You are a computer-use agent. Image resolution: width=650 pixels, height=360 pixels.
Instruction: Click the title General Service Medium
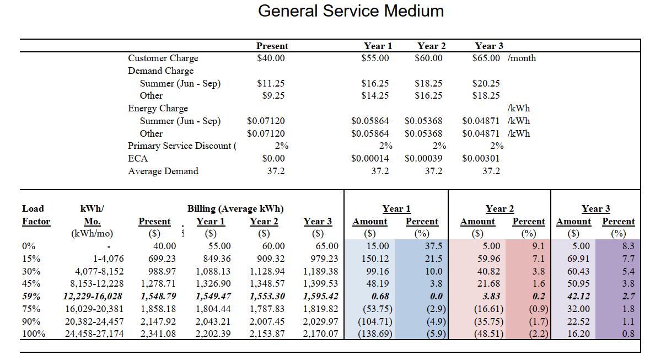pyautogui.click(x=351, y=10)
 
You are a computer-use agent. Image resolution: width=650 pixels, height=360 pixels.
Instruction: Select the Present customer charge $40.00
pyautogui.click(x=271, y=58)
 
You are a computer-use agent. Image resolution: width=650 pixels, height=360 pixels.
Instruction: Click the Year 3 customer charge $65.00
pyautogui.click(x=486, y=58)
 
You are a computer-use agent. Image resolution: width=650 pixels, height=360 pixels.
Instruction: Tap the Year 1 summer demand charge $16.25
pyautogui.click(x=375, y=83)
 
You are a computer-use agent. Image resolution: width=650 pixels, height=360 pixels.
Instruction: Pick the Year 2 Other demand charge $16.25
pyautogui.click(x=428, y=95)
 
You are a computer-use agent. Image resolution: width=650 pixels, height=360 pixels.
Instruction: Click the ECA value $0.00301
pyautogui.click(x=481, y=158)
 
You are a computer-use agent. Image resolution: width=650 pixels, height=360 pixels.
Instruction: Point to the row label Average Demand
pyautogui.click(x=163, y=171)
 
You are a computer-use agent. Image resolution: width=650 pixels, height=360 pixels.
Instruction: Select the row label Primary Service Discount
pyautogui.click(x=181, y=146)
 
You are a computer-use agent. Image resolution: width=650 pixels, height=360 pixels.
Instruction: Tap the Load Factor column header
pyautogui.click(x=36, y=215)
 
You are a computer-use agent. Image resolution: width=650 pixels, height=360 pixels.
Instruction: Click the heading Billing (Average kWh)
pyautogui.click(x=235, y=208)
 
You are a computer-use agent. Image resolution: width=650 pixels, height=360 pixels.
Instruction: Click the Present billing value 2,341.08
pyautogui.click(x=158, y=334)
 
